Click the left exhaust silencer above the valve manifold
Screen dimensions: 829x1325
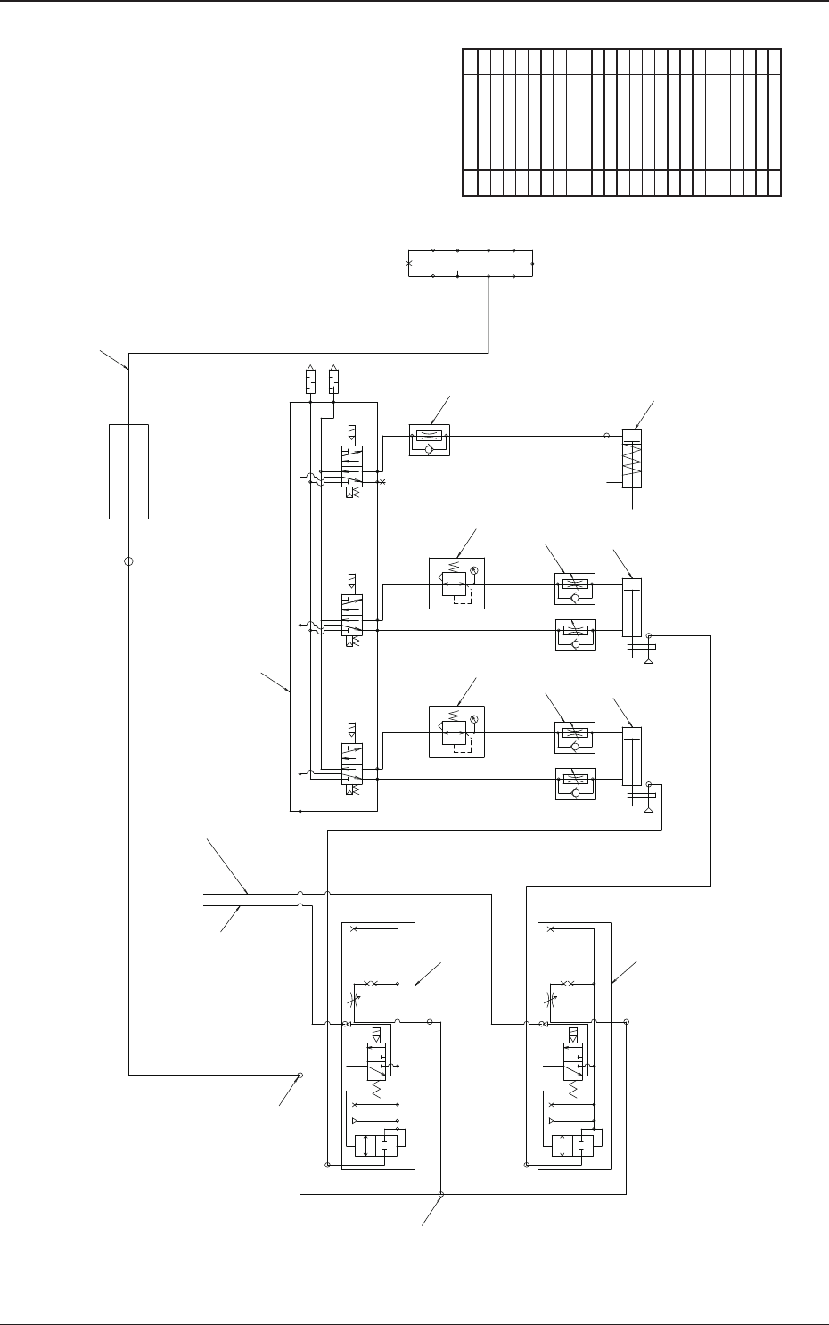[x=310, y=381]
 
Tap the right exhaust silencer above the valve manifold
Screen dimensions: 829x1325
[x=333, y=381]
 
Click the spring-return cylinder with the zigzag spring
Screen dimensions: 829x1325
[x=632, y=459]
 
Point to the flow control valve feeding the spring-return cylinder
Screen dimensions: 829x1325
[x=430, y=440]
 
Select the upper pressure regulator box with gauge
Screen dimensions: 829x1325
[x=456, y=584]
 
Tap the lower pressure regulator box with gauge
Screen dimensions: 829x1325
[x=456, y=732]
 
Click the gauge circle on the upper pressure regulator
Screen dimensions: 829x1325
[x=474, y=570]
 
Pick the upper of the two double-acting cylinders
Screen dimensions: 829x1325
[x=631, y=608]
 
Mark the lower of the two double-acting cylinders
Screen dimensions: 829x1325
[x=631, y=757]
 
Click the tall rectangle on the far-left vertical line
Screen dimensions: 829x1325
[x=128, y=471]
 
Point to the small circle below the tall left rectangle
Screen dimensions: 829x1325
[x=128, y=562]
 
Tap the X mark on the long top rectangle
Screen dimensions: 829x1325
[x=409, y=264]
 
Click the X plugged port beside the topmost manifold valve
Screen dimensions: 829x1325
[x=382, y=482]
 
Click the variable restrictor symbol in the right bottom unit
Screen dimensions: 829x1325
[x=554, y=999]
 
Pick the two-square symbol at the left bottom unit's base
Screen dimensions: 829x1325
[x=374, y=1146]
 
